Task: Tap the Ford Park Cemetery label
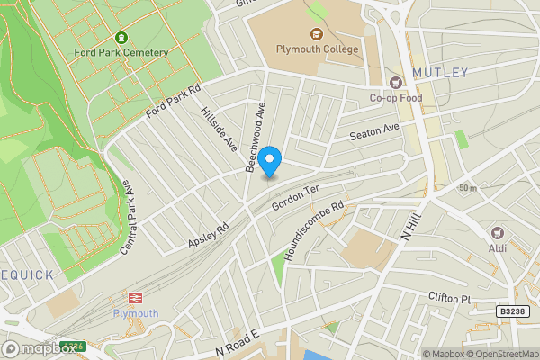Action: point(122,52)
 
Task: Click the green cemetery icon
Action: point(121,38)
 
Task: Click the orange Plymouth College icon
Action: point(315,34)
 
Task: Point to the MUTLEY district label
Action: point(440,72)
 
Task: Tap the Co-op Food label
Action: point(395,98)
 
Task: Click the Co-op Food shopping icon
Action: point(395,83)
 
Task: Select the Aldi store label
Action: point(497,247)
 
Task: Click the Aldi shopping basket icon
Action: point(497,232)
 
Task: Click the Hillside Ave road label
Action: point(219,130)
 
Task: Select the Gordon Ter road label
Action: point(295,201)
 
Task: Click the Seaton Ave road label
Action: point(374,132)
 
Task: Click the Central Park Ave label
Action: point(131,216)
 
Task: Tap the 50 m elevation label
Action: point(467,187)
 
